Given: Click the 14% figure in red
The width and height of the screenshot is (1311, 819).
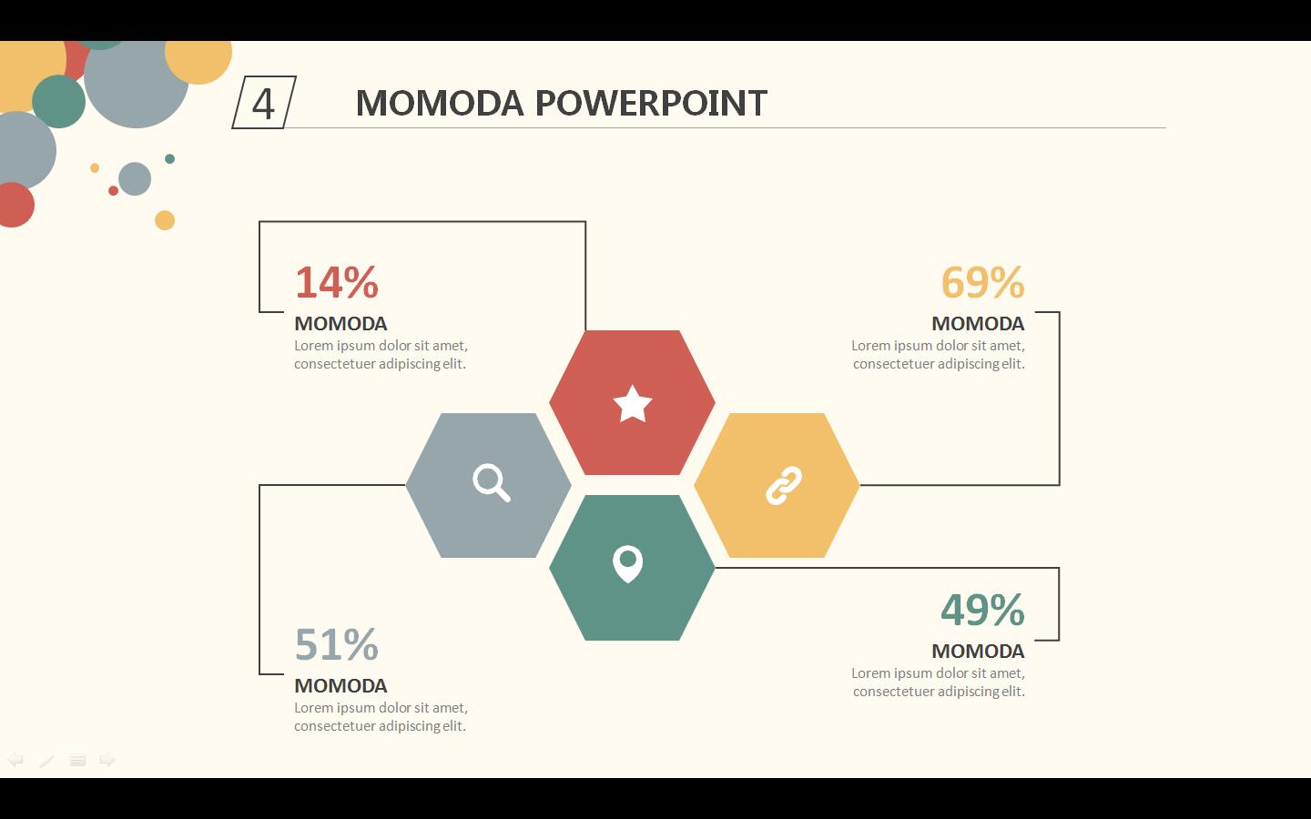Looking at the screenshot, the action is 337,282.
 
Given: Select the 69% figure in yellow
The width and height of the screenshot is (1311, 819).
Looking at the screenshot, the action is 982,282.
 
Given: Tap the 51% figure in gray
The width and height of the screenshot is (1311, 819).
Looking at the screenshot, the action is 337,644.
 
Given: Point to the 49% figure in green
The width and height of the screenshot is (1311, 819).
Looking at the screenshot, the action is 982,610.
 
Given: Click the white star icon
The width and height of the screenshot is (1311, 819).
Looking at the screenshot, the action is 632,404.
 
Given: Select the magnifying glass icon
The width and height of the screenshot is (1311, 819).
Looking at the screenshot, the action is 492,482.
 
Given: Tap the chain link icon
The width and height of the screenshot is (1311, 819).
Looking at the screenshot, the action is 784,486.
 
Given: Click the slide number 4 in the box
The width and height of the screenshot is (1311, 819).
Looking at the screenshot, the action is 263,104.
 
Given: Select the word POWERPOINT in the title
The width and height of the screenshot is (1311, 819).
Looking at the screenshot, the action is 651,104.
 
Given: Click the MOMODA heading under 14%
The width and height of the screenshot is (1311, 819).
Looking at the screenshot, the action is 340,324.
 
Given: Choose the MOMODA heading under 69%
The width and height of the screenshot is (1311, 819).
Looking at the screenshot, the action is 978,324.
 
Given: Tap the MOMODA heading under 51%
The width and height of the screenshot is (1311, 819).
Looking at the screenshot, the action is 340,685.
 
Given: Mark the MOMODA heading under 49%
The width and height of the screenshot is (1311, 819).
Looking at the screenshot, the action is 978,652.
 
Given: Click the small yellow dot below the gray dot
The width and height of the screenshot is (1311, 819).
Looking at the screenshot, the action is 165,220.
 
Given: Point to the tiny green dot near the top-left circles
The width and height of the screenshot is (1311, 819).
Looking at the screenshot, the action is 169,158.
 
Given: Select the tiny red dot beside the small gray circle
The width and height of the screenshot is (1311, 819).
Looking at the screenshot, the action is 114,191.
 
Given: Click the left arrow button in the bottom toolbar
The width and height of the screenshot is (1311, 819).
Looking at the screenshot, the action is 15,760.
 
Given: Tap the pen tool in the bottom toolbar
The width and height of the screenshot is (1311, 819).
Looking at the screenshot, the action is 46,761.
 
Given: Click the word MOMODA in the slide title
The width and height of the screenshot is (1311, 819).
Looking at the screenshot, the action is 440,104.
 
